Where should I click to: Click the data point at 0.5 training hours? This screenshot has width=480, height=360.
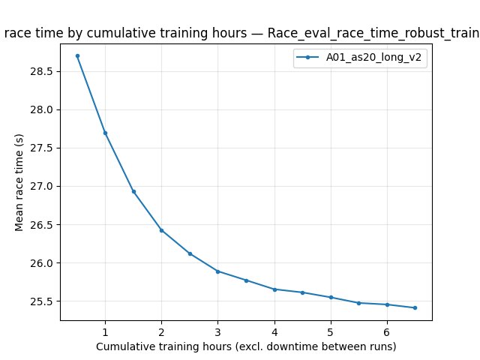(x=77, y=55)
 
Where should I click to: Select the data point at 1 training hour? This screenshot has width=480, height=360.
(x=105, y=133)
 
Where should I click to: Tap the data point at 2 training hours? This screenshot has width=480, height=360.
(x=161, y=230)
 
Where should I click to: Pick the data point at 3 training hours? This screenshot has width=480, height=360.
(x=217, y=271)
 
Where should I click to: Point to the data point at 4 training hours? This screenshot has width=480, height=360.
(x=274, y=289)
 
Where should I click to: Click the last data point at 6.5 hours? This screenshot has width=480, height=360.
(x=415, y=307)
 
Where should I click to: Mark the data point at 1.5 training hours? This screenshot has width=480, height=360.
(x=133, y=191)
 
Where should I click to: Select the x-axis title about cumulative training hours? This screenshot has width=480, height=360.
(x=246, y=346)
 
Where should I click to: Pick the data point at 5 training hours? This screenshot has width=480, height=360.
(x=331, y=297)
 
